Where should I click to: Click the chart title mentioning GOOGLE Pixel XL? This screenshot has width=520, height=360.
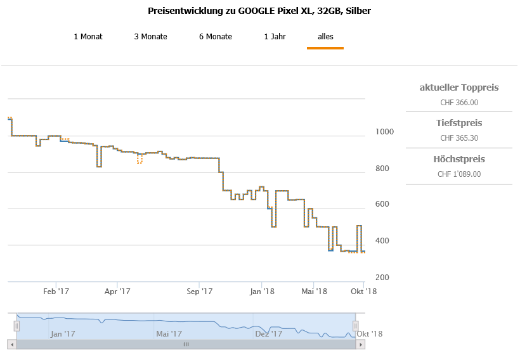pos(259,11)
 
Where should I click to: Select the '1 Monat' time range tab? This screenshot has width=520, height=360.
pos(88,37)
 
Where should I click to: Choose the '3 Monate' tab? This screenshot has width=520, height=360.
pos(150,37)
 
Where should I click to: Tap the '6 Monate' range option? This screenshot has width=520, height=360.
pos(216,37)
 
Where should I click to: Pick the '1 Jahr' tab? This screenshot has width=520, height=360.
pos(275,37)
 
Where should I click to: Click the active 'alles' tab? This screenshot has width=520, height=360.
pos(325,37)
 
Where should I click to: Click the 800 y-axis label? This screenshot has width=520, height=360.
pos(382,169)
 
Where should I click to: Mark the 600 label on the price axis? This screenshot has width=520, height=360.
pos(382,204)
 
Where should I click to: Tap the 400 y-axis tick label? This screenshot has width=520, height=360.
pos(382,241)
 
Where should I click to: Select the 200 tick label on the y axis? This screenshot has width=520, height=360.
pos(382,278)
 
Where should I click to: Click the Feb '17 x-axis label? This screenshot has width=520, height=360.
pos(56,292)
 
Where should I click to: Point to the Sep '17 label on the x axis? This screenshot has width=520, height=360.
pos(199,292)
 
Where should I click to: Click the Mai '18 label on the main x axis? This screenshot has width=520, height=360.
pos(314,292)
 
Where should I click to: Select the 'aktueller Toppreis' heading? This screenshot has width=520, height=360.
pos(459,87)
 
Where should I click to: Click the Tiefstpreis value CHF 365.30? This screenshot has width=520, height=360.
pos(459,138)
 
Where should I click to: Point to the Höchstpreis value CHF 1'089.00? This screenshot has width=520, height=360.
pos(459,174)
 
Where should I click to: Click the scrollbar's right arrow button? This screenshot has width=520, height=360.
pos(361,344)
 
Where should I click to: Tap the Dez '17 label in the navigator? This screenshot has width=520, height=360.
pos(268,333)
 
